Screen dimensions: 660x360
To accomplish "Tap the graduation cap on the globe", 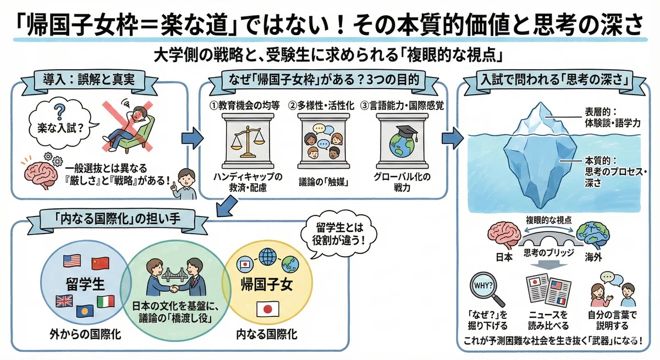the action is (407, 132).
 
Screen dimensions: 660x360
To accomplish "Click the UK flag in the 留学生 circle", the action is (64, 301).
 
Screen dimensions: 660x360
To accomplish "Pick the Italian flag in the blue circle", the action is (106, 301).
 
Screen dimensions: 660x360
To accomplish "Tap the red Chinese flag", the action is (100, 263).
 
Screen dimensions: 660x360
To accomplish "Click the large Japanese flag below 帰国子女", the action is (267, 309).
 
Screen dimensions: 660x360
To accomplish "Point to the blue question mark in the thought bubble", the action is (59, 113).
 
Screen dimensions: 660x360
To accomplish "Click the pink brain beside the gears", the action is (41, 175).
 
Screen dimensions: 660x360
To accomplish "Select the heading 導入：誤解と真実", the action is (89, 80).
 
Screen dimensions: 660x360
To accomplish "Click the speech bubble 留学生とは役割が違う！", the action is (339, 234).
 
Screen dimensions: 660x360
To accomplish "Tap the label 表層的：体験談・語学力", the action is (612, 118).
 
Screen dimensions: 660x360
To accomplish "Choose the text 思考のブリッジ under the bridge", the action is (549, 253).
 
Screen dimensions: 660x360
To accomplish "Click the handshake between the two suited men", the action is (174, 288).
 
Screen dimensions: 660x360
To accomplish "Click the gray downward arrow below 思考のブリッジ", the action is (549, 265).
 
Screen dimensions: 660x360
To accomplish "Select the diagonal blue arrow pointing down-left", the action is (227, 207).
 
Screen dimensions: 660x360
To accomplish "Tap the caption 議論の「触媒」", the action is (323, 182).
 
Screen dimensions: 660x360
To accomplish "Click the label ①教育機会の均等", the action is (244, 106).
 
